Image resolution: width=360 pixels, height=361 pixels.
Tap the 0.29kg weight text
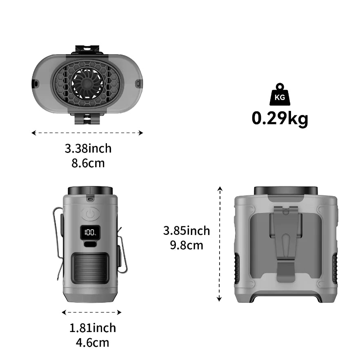[280, 119]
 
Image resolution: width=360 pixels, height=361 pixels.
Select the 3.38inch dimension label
[88, 148]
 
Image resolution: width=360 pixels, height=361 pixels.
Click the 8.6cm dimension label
[88, 163]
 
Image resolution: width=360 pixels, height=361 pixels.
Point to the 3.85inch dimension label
[187, 231]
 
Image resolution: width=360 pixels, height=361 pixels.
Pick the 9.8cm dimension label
[187, 245]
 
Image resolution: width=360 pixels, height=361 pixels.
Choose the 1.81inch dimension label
[93, 328]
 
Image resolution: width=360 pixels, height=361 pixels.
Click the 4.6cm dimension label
[93, 343]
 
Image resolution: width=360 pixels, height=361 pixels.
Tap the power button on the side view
[90, 214]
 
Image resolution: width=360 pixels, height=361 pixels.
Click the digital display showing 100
[90, 232]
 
